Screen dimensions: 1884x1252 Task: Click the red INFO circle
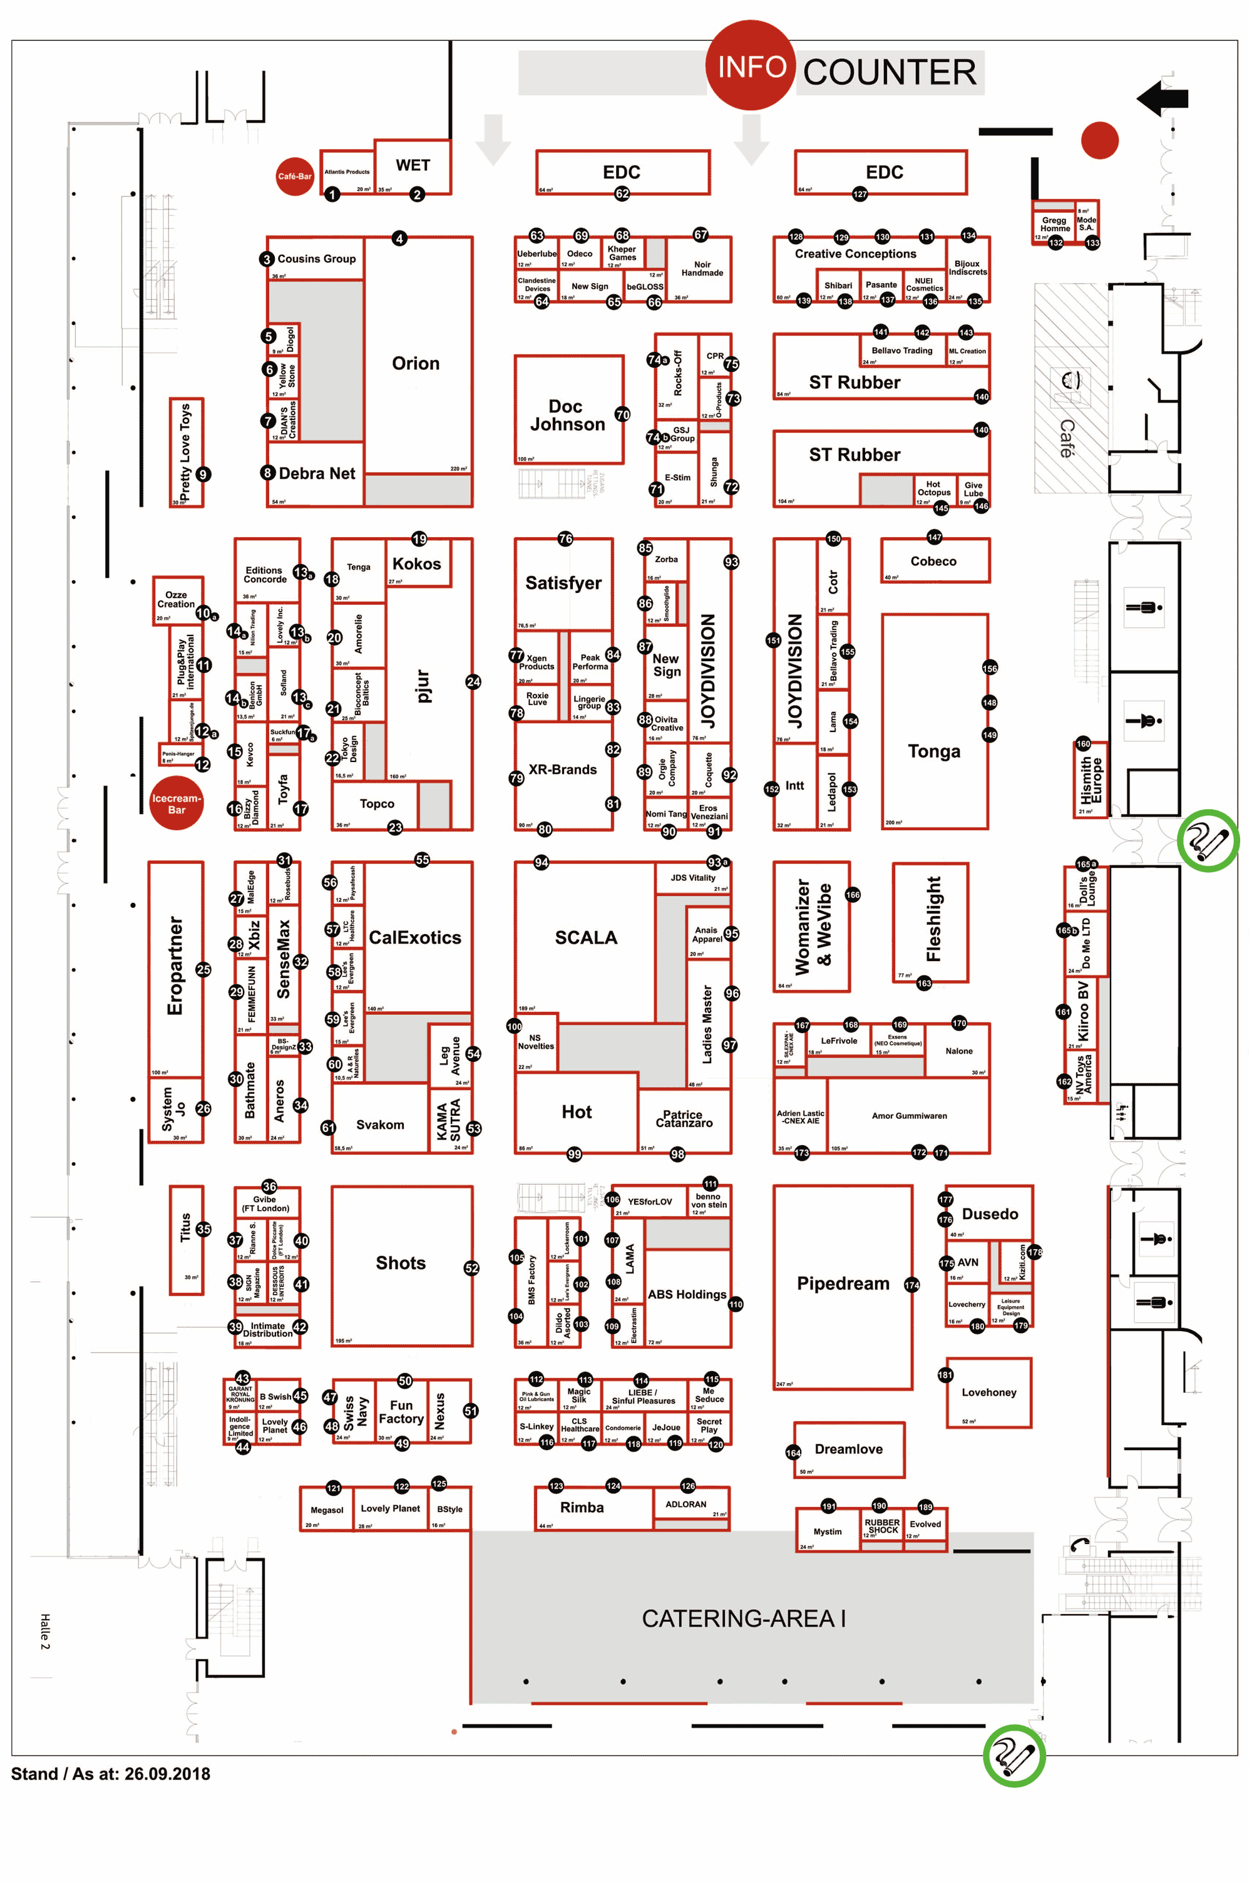click(750, 66)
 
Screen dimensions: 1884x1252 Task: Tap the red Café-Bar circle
click(295, 177)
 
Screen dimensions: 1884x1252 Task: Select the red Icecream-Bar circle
click(177, 803)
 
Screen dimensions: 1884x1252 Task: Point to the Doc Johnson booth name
click(567, 415)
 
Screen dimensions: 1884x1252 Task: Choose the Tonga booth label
click(933, 751)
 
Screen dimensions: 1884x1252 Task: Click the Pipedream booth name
click(843, 1284)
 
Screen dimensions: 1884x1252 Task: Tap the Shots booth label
click(401, 1264)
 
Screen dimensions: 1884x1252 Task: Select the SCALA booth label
click(586, 937)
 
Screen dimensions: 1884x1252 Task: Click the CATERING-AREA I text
click(744, 1619)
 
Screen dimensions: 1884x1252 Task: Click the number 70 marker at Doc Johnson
click(623, 414)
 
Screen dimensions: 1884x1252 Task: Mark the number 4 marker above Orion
click(399, 239)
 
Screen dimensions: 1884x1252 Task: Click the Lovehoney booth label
click(988, 1392)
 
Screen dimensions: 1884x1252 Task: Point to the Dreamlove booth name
click(848, 1449)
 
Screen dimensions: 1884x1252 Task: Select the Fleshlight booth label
click(933, 919)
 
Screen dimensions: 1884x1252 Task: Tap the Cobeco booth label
click(933, 562)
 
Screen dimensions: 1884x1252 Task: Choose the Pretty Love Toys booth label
click(185, 452)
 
